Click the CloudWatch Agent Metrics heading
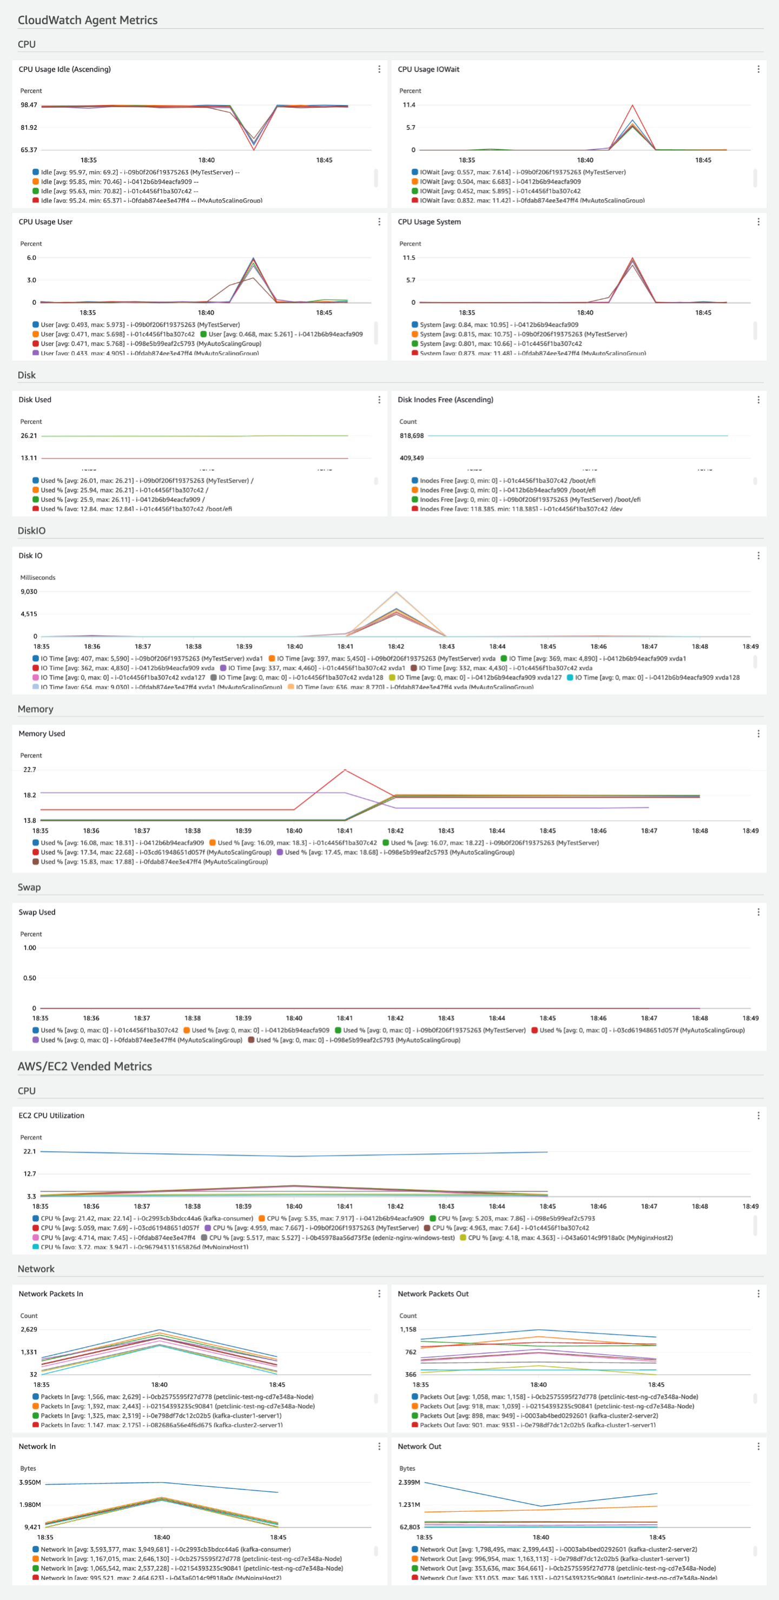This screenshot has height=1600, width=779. (x=88, y=20)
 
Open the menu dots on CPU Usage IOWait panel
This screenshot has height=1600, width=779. (x=758, y=69)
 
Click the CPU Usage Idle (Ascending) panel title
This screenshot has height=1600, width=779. (x=64, y=69)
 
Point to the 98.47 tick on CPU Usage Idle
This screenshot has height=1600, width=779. (x=29, y=105)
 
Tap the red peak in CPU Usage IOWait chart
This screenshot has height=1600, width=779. (x=632, y=106)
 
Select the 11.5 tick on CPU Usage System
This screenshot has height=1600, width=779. (x=408, y=258)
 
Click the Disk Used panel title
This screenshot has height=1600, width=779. (x=35, y=400)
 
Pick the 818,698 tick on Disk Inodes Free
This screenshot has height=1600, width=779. (x=412, y=436)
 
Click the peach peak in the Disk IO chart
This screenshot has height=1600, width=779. (x=397, y=592)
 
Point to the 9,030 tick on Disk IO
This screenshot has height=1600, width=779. (x=29, y=592)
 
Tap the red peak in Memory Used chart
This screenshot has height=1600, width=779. (x=345, y=770)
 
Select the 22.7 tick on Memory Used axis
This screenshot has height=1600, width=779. (x=30, y=769)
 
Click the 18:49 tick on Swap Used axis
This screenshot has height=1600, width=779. (x=750, y=1018)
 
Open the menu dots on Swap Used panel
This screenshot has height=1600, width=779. (x=758, y=912)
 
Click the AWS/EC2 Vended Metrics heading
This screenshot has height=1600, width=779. (x=85, y=1066)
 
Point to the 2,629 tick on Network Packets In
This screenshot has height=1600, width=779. (x=29, y=1329)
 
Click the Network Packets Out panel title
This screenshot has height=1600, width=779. (x=433, y=1294)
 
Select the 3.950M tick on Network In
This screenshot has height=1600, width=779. (x=30, y=1482)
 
